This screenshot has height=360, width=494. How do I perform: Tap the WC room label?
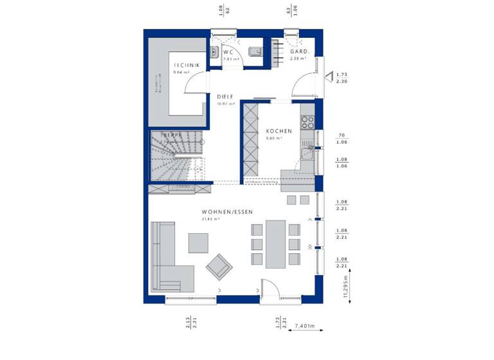pos(228,52)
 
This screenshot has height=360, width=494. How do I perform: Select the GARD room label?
pos(298,51)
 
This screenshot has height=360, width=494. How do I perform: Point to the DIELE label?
pos(225,96)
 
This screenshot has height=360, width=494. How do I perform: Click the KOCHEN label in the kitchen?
pos(279,131)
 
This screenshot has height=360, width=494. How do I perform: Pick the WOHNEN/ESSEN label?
pos(227,212)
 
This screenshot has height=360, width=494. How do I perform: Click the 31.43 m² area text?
pos(211,219)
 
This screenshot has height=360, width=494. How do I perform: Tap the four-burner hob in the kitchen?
pos(307,122)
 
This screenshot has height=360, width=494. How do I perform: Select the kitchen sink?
pos(309,152)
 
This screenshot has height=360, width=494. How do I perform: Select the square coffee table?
pos(198,242)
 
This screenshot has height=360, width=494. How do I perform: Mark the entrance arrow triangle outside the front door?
pos(329,77)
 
